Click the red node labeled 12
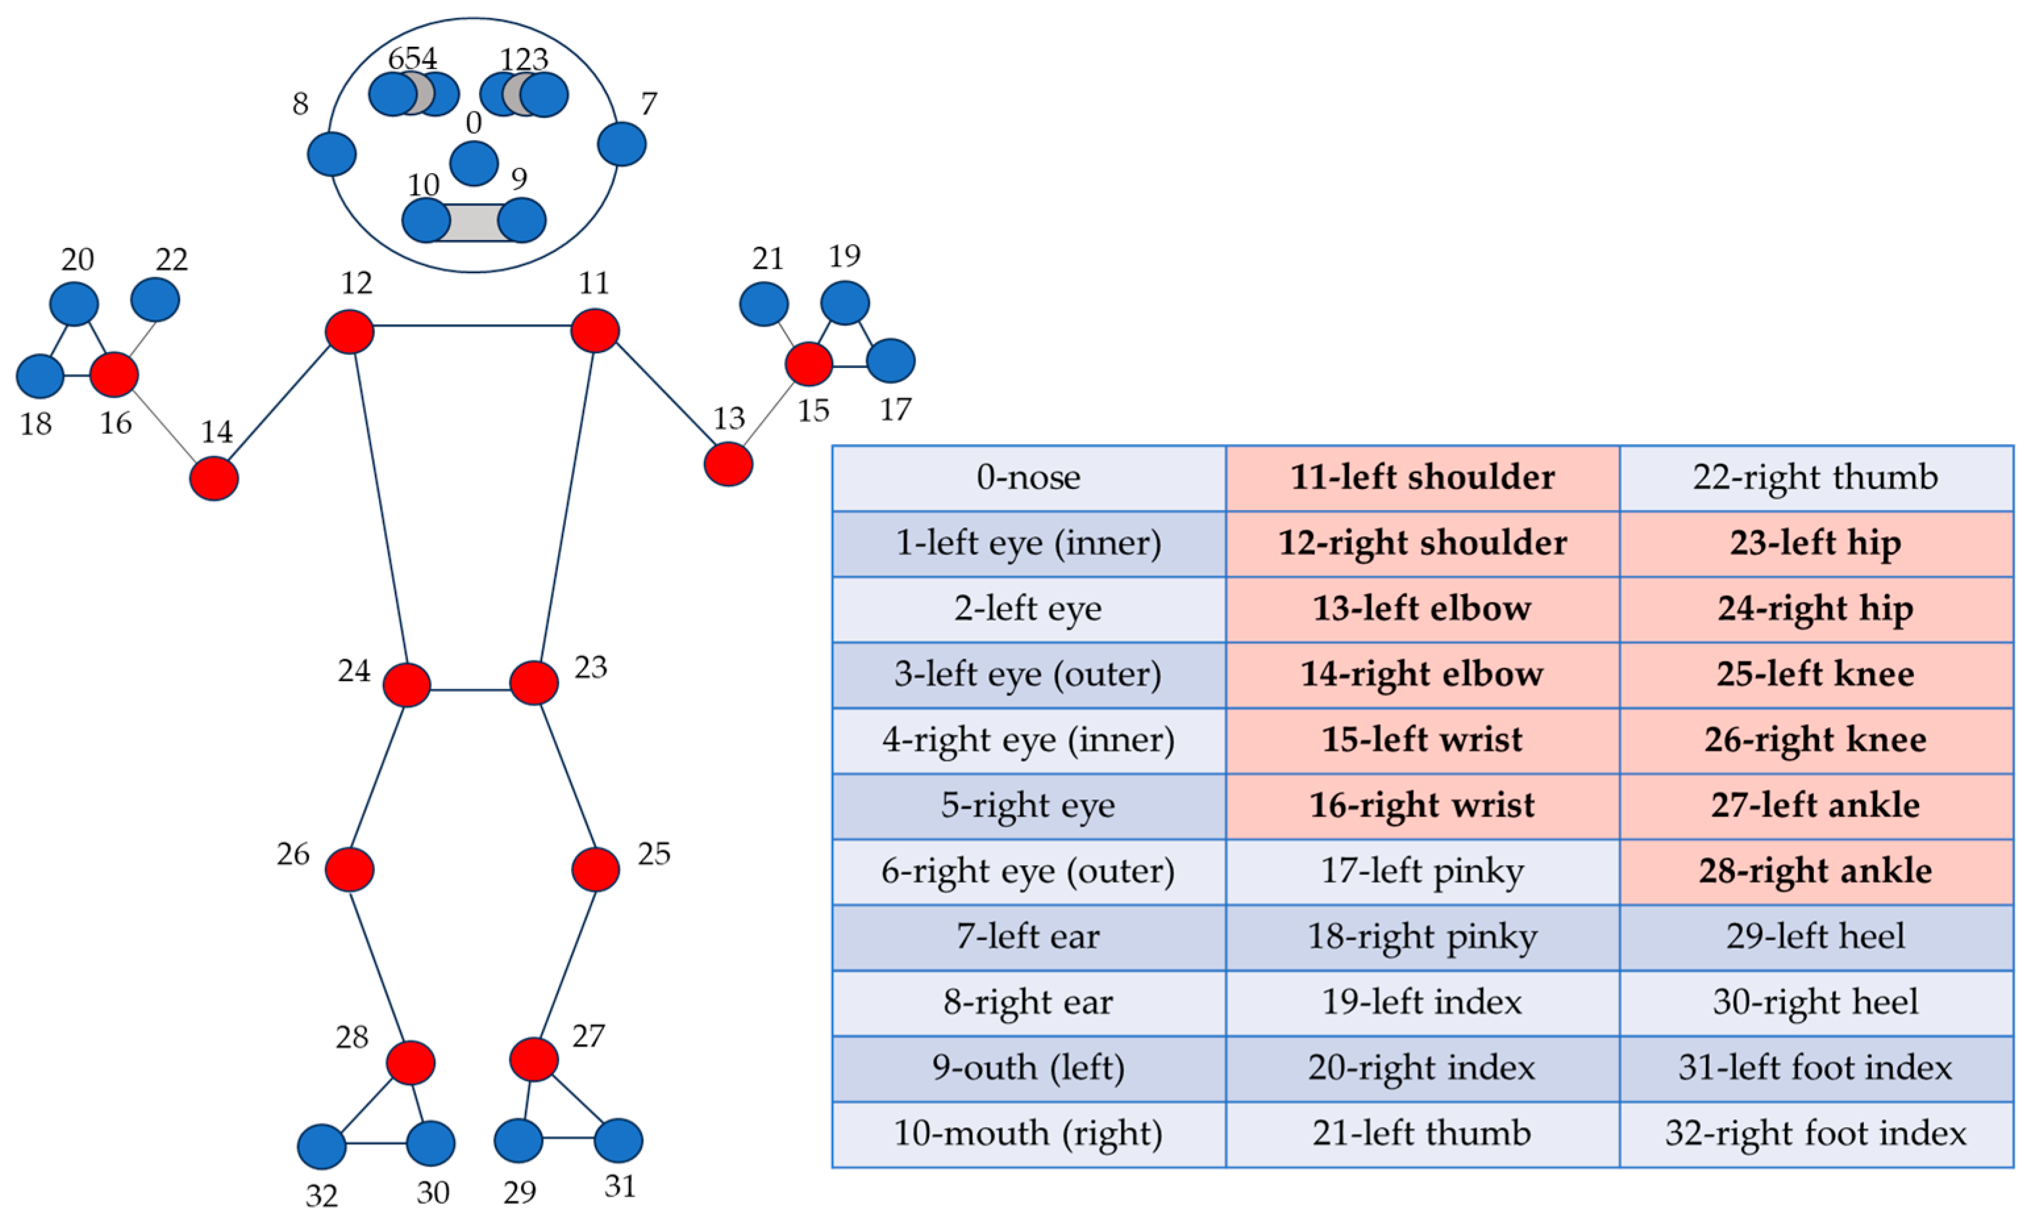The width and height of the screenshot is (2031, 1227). click(349, 332)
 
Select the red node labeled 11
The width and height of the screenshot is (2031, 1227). click(595, 330)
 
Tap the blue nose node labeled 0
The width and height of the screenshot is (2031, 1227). click(474, 163)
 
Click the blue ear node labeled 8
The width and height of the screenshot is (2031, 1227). click(332, 154)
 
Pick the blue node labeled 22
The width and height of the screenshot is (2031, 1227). click(155, 299)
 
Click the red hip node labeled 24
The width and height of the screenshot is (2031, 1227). click(407, 685)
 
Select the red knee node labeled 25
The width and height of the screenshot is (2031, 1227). click(595, 869)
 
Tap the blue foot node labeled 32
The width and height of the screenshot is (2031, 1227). click(322, 1146)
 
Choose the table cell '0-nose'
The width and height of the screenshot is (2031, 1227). click(1029, 478)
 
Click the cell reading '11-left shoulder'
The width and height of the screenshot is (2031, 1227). click(1422, 478)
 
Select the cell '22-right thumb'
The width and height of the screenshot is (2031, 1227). click(1816, 478)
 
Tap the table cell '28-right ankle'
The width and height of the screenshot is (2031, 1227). click(1816, 872)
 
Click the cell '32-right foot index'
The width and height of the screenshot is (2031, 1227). click(1816, 1134)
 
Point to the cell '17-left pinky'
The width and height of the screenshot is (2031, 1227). click(1422, 872)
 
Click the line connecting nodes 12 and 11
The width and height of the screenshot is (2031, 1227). click(472, 326)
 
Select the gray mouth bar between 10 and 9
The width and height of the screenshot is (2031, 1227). click(474, 222)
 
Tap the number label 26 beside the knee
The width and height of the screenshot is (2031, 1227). click(293, 855)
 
